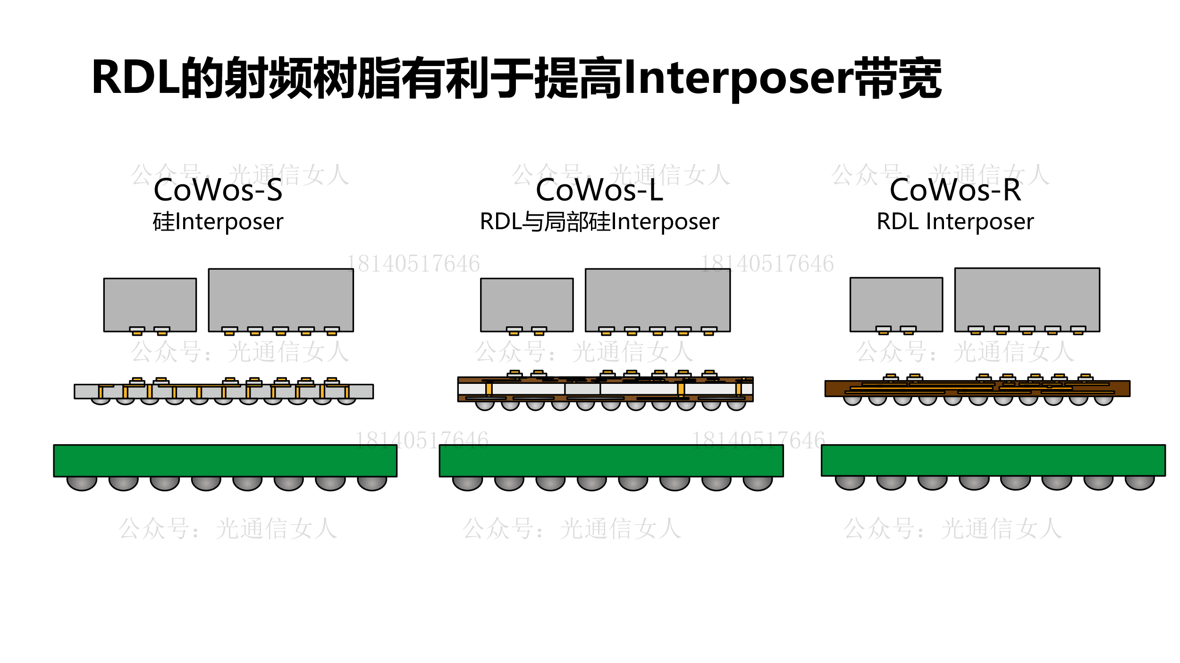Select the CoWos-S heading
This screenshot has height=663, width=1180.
click(x=218, y=190)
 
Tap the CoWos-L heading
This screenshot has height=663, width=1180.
click(x=599, y=190)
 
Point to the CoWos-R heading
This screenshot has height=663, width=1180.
click(x=955, y=190)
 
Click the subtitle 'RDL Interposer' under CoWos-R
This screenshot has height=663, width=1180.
click(x=955, y=222)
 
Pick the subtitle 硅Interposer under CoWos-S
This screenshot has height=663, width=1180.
click(x=218, y=222)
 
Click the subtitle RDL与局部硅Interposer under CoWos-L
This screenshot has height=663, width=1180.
click(x=599, y=222)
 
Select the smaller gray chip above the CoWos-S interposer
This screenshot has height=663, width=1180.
click(x=150, y=302)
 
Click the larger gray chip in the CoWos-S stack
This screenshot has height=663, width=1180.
click(x=281, y=297)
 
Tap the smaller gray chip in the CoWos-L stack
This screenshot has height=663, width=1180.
click(x=527, y=302)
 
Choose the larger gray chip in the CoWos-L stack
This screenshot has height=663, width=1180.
click(x=657, y=297)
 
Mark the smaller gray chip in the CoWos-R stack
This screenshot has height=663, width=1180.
click(x=896, y=302)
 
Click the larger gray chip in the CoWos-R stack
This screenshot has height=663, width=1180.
click(x=1027, y=297)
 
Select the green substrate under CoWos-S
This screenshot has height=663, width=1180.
click(x=225, y=460)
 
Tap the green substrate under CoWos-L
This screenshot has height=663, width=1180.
click(x=611, y=460)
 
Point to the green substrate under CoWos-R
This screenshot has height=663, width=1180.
click(x=993, y=460)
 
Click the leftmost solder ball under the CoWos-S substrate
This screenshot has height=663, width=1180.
click(x=82, y=484)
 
